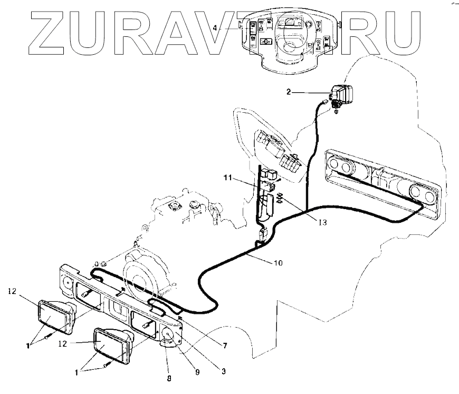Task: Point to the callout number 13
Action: tap(322, 222)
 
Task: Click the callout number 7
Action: tap(225, 346)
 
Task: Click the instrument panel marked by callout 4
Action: tap(288, 40)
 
